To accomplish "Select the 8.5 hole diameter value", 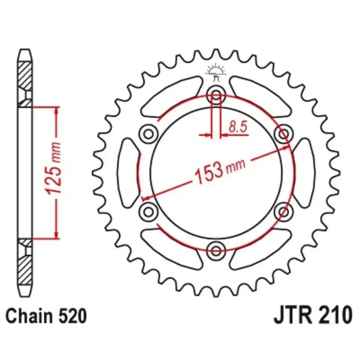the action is point(238,127).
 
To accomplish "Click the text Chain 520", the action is point(46,316).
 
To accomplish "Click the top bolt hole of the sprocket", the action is point(216,95).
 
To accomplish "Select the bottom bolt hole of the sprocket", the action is point(216,251).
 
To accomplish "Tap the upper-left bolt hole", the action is point(148,134).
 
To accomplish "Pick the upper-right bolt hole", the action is point(283,134).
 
